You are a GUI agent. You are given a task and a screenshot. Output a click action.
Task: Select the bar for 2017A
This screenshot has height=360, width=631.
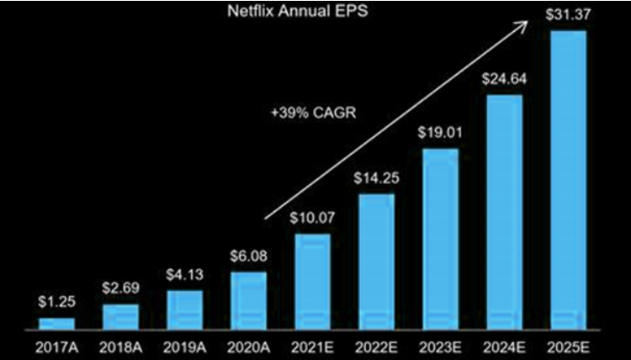coord(56,323)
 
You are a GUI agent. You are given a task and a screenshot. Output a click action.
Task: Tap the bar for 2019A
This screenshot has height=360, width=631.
coord(184,309)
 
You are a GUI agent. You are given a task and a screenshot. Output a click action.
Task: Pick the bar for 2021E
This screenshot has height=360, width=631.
coord(312,281)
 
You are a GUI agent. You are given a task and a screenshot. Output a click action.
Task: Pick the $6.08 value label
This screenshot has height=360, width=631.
coord(248,257)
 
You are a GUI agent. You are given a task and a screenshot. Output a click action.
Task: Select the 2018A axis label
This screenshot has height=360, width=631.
coord(120,347)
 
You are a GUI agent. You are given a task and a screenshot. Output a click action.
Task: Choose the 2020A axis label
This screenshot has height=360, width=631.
coord(248,347)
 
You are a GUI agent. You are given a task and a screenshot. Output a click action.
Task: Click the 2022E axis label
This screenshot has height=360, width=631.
coord(376,347)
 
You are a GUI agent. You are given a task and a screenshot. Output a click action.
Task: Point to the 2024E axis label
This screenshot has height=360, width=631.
coord(504,347)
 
